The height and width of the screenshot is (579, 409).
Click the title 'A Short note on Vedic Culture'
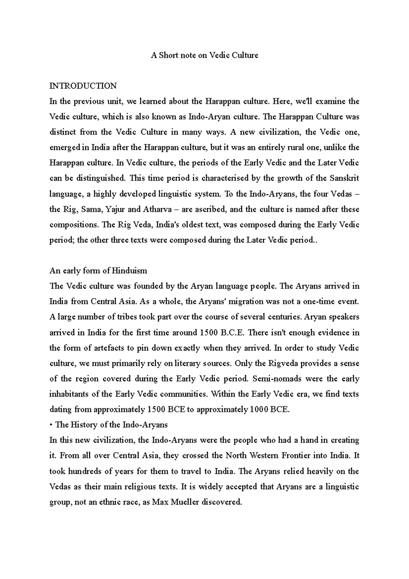coord(204,55)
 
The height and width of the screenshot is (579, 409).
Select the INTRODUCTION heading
coord(83,86)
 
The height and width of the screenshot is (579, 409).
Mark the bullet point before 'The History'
coord(51,425)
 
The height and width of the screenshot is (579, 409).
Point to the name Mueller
coord(185,502)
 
